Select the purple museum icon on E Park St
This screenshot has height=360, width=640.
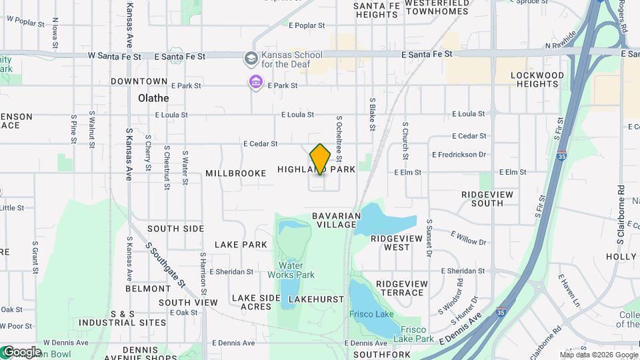255,83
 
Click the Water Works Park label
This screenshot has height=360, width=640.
291,270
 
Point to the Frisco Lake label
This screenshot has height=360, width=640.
371,314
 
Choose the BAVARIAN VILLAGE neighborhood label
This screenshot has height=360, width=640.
337,220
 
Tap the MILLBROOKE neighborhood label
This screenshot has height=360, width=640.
236,173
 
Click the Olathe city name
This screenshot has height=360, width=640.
153,98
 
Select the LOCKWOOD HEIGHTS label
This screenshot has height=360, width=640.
535,80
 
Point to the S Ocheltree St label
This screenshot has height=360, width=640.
339,139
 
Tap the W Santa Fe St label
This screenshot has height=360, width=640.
115,57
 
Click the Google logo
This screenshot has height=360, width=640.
21,352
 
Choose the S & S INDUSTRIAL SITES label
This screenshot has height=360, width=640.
123,318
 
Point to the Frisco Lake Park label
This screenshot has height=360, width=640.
417,334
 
